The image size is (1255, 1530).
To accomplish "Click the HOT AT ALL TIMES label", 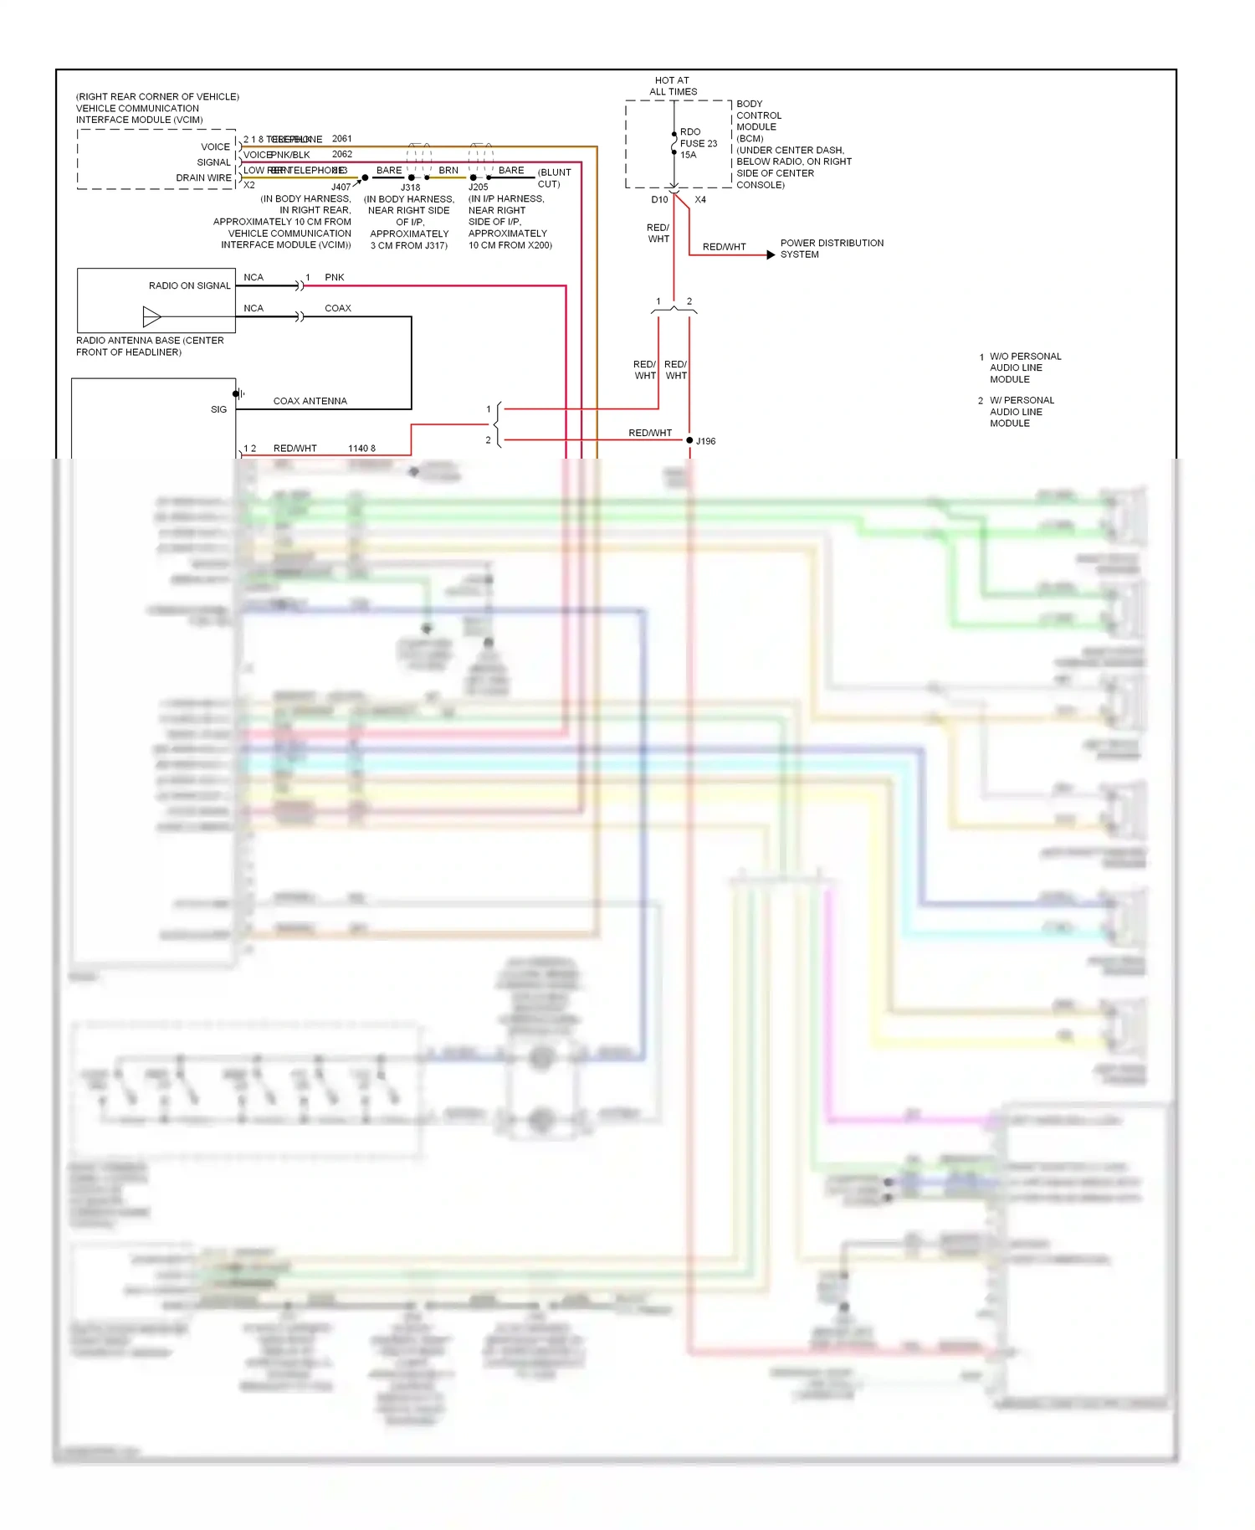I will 673,86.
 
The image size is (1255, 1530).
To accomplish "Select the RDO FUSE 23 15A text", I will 698,143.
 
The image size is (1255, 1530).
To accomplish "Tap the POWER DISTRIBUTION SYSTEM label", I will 831,249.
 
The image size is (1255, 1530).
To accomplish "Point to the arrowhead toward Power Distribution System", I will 771,254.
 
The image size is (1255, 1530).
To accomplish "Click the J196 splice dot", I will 689,440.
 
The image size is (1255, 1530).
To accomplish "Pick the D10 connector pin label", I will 659,200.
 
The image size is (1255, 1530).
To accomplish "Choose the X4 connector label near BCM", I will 700,200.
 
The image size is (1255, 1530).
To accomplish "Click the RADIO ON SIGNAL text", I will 189,285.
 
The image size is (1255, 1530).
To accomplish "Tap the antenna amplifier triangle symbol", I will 151,316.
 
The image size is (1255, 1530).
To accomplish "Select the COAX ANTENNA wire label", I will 310,401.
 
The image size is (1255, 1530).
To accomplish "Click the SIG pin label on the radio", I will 218,409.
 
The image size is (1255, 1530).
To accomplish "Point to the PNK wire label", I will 334,277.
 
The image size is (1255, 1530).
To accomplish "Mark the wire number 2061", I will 341,139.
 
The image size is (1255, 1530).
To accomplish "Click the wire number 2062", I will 341,154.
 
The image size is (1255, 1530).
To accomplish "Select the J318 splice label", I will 410,187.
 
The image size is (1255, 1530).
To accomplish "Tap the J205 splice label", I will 478,187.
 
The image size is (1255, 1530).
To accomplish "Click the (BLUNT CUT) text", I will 554,178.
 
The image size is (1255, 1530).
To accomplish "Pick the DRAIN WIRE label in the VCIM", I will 203,177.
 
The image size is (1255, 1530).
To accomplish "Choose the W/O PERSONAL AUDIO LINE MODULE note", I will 1024,367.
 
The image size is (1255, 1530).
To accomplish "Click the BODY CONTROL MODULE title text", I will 758,116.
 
